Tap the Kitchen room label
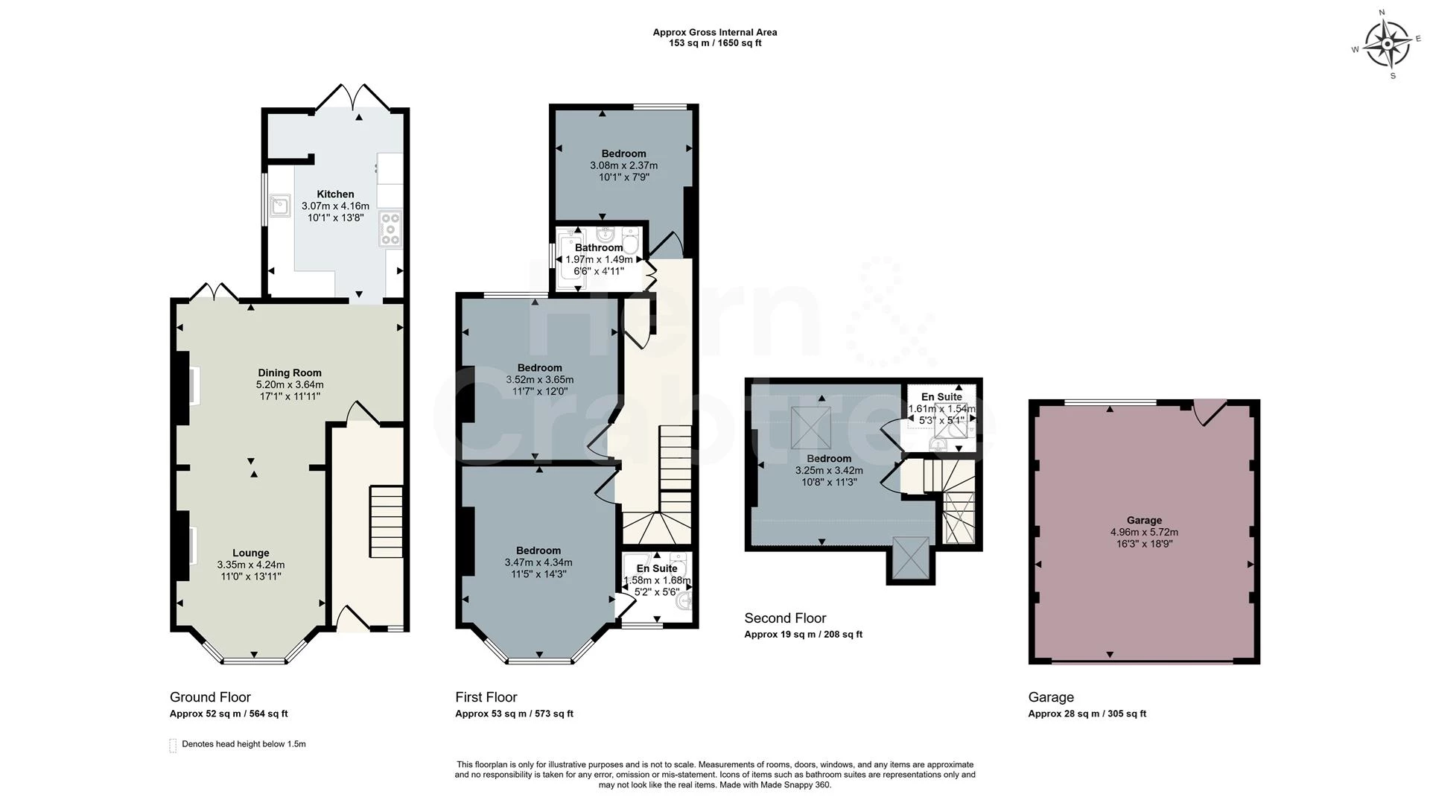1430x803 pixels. pyautogui.click(x=335, y=194)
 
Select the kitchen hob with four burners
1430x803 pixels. pyautogui.click(x=390, y=229)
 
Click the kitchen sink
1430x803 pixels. pyautogui.click(x=281, y=205)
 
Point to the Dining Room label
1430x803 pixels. pyautogui.click(x=290, y=372)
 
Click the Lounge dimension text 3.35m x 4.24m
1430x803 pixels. pyautogui.click(x=251, y=565)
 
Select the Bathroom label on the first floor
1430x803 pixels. pyautogui.click(x=599, y=247)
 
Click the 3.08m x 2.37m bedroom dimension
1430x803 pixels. pyautogui.click(x=624, y=165)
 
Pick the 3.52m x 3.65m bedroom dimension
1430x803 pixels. pyautogui.click(x=540, y=379)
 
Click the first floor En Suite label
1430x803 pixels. pyautogui.click(x=657, y=568)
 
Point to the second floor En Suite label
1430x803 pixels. pyautogui.click(x=941, y=396)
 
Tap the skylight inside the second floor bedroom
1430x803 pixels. pyautogui.click(x=811, y=428)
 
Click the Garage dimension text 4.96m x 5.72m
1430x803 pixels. pyautogui.click(x=1144, y=532)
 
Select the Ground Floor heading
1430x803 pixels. pyautogui.click(x=210, y=697)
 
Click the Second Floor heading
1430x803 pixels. pyautogui.click(x=785, y=618)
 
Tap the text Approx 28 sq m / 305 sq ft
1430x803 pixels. pyautogui.click(x=1087, y=714)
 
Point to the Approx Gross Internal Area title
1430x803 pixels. pyautogui.click(x=715, y=32)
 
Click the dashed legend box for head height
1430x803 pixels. pyautogui.click(x=173, y=745)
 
